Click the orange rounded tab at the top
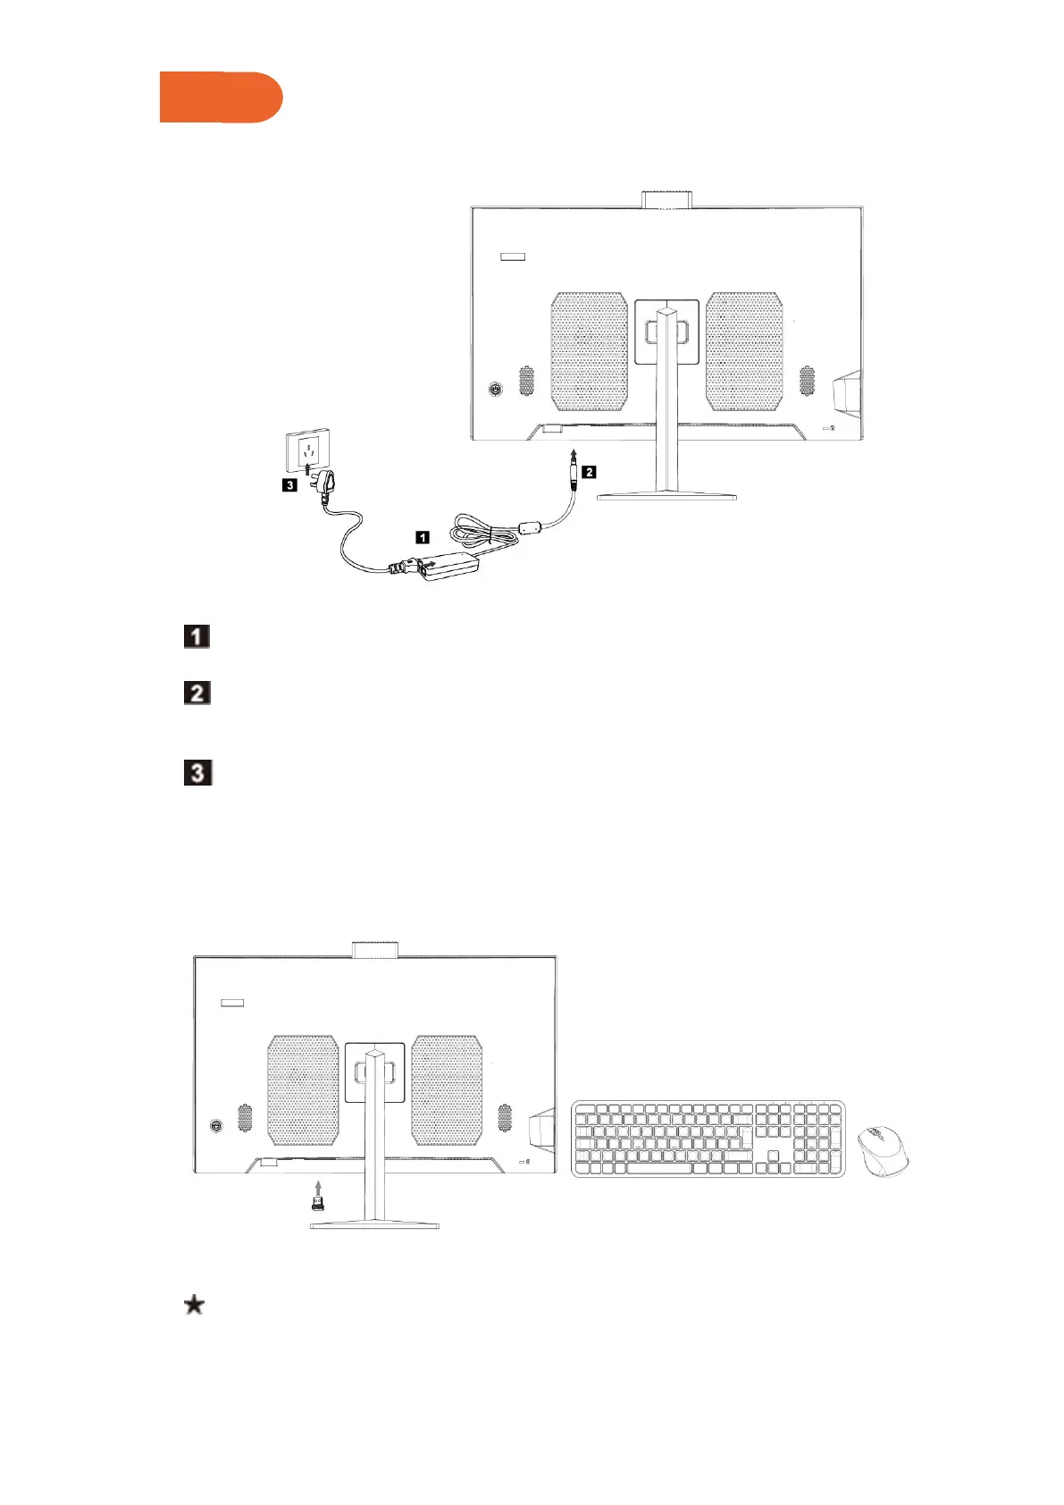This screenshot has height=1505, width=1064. [x=221, y=97]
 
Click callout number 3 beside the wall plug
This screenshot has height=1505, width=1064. [x=289, y=485]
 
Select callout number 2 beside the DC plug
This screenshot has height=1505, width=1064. [x=589, y=471]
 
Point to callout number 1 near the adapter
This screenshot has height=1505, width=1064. [x=422, y=537]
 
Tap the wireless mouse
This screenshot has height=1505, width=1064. [x=883, y=1150]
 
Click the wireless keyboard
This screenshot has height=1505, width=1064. [x=708, y=1139]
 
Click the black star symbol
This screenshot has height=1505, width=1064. [x=194, y=1306]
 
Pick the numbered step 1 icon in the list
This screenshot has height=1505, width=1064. [x=197, y=636]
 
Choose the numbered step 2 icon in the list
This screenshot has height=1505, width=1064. [x=197, y=693]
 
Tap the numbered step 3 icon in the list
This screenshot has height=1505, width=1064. [x=197, y=772]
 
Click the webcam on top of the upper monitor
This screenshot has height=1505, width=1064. [x=668, y=198]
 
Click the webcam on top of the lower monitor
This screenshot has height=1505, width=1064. [x=374, y=948]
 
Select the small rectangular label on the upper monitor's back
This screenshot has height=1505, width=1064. [x=512, y=256]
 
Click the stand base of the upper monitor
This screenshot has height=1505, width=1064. [x=666, y=495]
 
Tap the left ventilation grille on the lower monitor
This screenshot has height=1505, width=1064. [x=303, y=1089]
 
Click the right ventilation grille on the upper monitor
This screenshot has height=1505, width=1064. [x=744, y=351]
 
